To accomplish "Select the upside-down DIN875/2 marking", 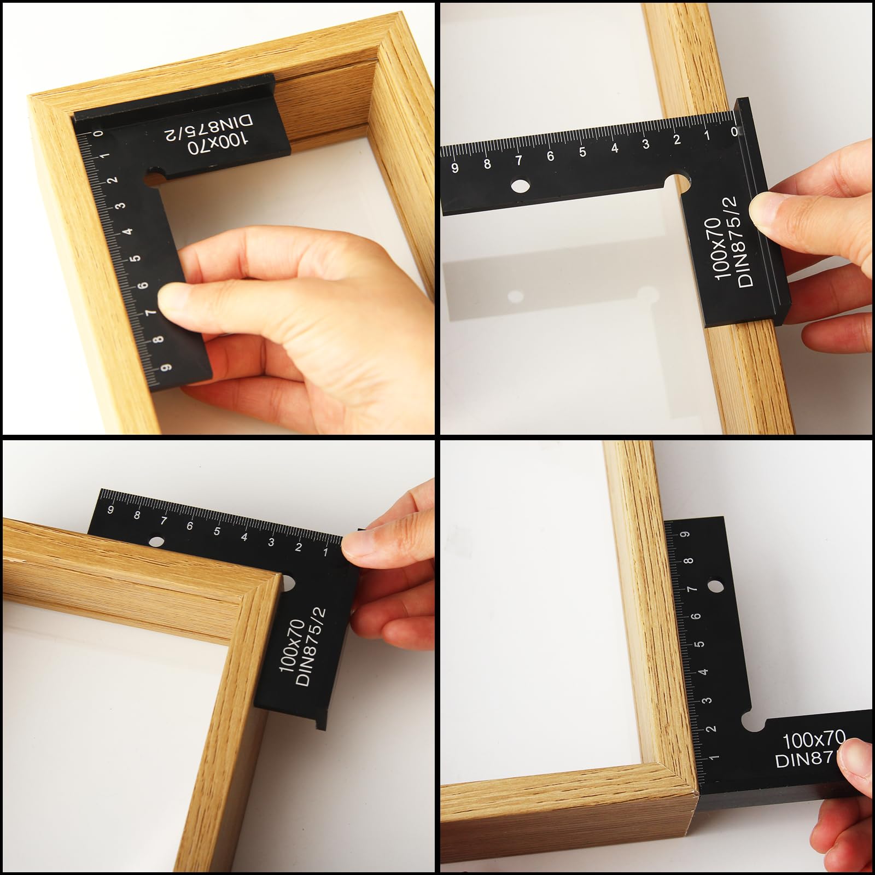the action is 208,125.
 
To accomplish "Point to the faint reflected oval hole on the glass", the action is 515,296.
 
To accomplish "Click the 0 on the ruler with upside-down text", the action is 98,133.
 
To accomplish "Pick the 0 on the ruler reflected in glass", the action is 734,131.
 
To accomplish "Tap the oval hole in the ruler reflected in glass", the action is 521,186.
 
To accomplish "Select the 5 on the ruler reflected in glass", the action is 582,151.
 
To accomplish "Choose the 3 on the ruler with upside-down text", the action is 121,206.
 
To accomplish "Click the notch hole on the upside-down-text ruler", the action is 155,176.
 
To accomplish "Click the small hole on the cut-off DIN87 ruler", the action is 713,586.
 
